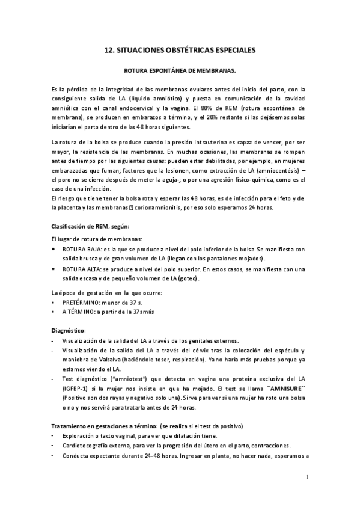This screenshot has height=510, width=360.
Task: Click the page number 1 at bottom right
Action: pos(307,478)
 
